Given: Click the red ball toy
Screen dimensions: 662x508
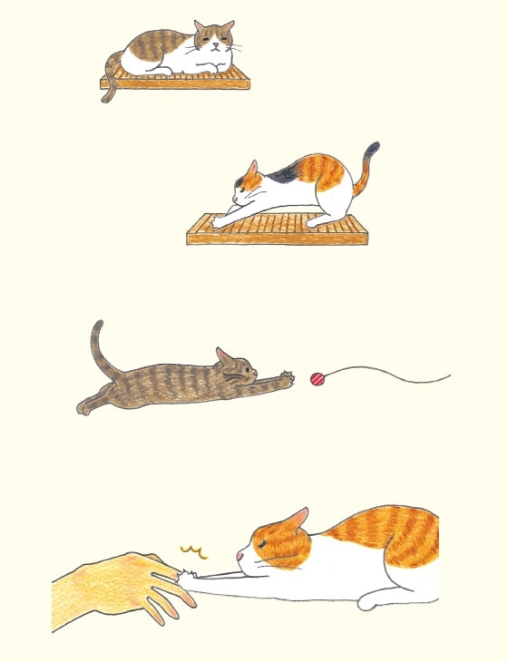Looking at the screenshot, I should (317, 379).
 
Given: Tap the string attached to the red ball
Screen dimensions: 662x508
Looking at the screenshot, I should (390, 372).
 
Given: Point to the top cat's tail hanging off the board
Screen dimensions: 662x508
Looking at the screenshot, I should (109, 83).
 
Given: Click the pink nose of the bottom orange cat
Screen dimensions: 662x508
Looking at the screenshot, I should (240, 554).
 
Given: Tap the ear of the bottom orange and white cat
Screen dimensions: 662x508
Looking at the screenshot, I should (296, 520).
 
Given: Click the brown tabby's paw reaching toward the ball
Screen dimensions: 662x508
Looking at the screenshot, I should (288, 376).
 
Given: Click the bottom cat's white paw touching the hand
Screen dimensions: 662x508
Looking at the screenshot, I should (191, 575).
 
